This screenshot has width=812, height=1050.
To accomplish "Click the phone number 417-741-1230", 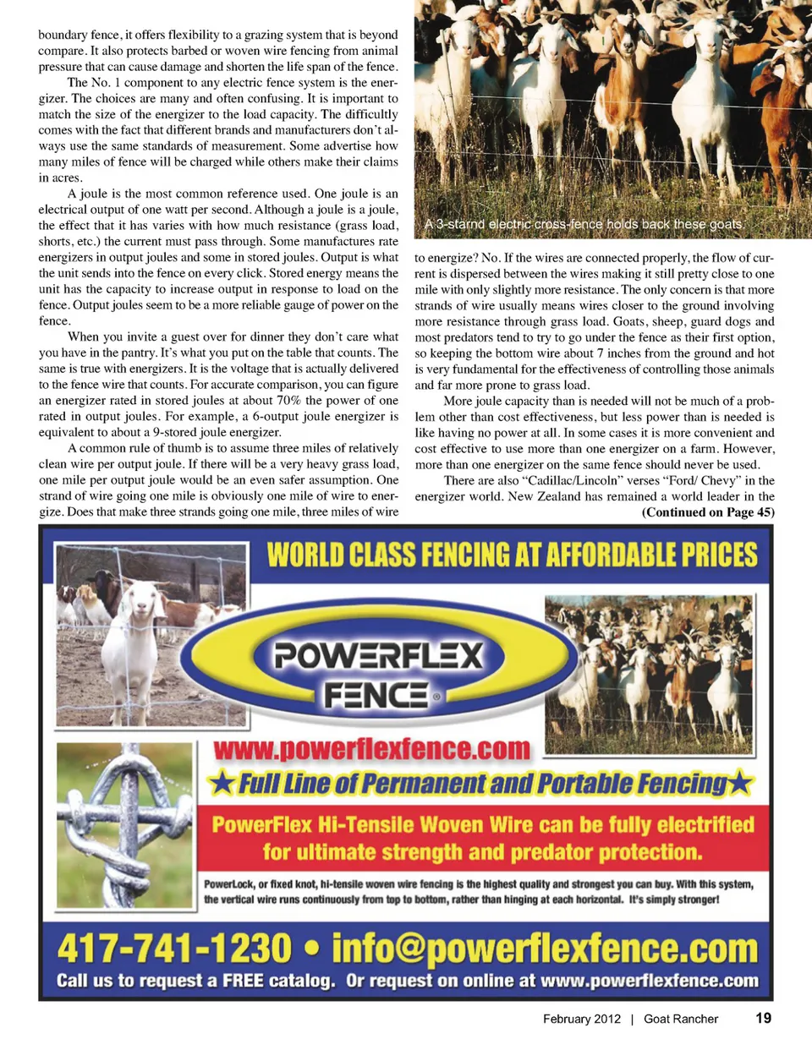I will (174, 949).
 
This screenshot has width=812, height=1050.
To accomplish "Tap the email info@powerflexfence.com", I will (545, 949).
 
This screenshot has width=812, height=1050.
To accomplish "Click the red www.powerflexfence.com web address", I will (371, 749).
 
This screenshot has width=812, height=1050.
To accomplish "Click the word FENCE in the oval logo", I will (376, 696).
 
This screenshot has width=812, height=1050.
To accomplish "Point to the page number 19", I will (763, 1018).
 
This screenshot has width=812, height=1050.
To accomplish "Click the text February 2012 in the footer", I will (582, 1019).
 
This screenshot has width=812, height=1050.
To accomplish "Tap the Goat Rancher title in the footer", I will (681, 1019).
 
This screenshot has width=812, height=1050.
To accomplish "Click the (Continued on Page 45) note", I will (708, 512).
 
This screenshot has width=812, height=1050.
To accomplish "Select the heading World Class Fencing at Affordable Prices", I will (512, 555).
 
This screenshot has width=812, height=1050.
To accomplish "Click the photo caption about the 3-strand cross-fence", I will (584, 225).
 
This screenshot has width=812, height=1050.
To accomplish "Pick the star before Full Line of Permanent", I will (222, 784).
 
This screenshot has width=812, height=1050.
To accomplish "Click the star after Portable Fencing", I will (740, 784).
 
